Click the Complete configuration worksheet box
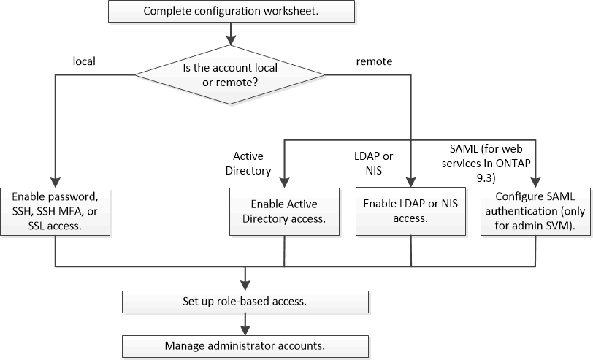tap(231, 11)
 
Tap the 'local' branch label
tap(85, 62)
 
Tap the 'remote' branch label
tap(374, 62)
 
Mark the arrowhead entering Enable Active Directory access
tap(284, 183)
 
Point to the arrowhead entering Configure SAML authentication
tap(536, 183)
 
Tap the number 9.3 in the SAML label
tap(486, 176)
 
